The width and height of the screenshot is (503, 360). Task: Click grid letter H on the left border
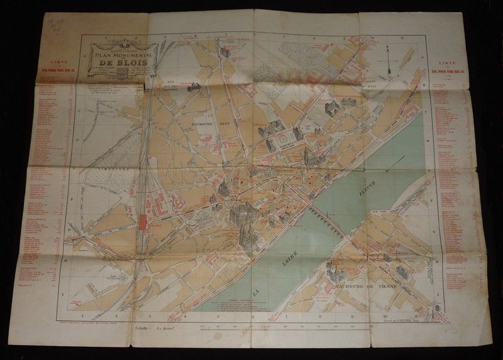pos(67,259)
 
